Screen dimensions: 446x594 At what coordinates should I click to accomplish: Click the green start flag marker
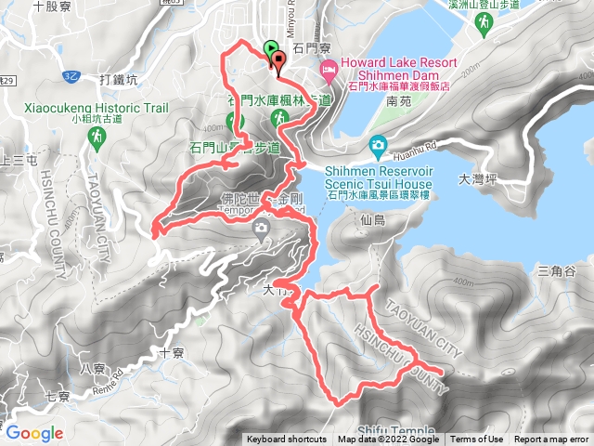(270, 48)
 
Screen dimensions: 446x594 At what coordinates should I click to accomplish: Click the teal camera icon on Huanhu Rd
(378, 145)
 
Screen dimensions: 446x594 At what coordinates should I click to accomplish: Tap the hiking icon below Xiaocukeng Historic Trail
(97, 138)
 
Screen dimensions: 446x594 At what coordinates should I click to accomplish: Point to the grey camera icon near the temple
(261, 227)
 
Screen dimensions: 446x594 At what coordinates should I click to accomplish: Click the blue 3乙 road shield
(71, 75)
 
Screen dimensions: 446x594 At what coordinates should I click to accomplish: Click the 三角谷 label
(556, 270)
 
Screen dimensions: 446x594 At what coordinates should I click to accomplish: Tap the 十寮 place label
(173, 353)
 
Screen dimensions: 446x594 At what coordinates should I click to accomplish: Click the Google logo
(34, 433)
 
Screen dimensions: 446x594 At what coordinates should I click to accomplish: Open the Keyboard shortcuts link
(286, 439)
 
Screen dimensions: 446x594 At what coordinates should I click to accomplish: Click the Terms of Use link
(478, 439)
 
